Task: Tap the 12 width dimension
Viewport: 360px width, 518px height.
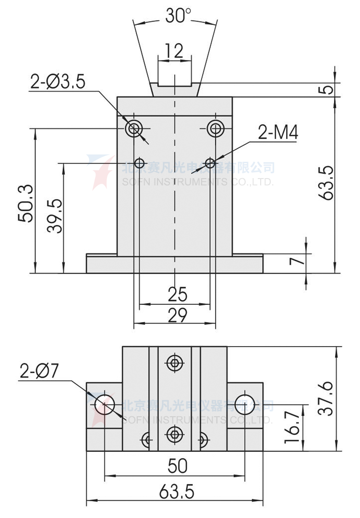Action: pos(174,51)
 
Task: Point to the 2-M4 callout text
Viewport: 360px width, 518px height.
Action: pos(278,132)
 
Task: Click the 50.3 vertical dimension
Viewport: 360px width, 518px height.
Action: pos(26,203)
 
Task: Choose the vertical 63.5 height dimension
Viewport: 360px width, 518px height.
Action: pos(326,183)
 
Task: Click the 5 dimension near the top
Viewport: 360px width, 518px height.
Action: pos(328,89)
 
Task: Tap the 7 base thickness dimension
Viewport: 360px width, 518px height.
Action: pos(297,261)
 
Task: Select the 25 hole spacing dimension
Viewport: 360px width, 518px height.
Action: pos(177,294)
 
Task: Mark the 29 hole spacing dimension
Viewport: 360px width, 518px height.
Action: pos(177,315)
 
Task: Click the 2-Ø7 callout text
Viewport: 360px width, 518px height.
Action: pos(39,371)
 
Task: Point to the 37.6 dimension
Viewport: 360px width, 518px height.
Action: pos(325,398)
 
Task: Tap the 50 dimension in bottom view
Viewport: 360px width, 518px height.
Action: pos(178,466)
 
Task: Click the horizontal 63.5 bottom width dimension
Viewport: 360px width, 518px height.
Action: pos(177,492)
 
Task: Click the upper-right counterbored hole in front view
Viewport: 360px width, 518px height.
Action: pos(216,128)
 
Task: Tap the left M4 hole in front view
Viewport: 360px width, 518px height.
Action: pos(140,163)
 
